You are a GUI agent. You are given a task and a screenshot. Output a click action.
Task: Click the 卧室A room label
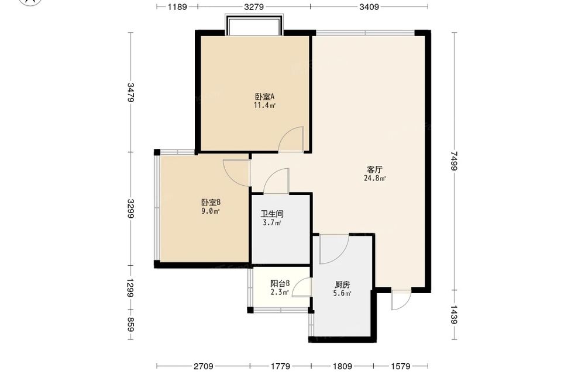coord(264,96)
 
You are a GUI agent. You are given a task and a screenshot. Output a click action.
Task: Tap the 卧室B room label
coord(211,203)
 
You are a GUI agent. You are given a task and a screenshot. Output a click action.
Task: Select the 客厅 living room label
coord(374,170)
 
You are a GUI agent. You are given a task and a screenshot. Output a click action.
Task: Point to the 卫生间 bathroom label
coord(272,214)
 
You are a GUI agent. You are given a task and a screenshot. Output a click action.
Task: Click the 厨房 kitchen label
coord(342,285)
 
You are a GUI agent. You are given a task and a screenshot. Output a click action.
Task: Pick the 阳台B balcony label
coord(280,284)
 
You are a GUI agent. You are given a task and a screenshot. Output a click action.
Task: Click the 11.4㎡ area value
coord(264,105)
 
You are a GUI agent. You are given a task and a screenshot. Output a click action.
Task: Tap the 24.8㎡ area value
coord(374,178)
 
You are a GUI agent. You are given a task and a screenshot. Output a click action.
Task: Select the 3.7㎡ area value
coord(272,223)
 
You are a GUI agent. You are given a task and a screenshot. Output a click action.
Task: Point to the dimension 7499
coord(454,161)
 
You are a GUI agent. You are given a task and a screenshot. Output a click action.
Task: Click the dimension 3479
coord(130,92)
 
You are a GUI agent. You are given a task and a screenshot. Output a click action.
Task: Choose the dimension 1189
coord(177,6)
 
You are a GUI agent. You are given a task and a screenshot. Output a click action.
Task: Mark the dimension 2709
coord(204,366)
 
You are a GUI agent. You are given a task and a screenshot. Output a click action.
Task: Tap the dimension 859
coord(130,324)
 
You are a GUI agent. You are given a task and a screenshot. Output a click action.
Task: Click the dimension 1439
coord(454,315)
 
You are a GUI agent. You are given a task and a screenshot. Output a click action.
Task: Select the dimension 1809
coord(342,366)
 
